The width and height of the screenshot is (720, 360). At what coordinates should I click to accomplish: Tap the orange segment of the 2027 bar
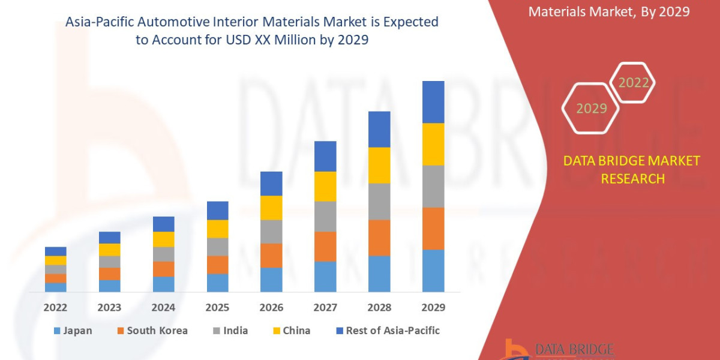[x=325, y=246]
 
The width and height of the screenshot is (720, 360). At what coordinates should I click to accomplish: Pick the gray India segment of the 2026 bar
[x=271, y=231]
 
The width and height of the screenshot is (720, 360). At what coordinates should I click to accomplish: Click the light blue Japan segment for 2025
[x=218, y=283]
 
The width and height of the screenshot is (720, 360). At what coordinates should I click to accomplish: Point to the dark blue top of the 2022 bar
[x=56, y=251]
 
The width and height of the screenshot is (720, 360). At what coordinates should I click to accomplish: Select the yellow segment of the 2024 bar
[x=164, y=239]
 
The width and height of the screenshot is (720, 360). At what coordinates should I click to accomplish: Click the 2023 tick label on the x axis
[x=109, y=307]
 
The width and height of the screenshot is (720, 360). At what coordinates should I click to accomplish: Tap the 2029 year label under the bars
[x=433, y=307]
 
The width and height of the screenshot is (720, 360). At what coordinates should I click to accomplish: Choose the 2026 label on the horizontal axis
[x=271, y=307]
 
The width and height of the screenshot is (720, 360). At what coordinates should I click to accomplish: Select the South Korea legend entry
[x=151, y=331]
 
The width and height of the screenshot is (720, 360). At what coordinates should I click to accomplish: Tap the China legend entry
[x=291, y=331]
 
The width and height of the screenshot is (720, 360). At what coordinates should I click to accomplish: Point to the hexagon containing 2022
[x=633, y=83]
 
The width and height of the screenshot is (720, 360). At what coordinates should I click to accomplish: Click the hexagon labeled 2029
[x=591, y=109]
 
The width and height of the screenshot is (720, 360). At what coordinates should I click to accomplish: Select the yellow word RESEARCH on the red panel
[x=632, y=179]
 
